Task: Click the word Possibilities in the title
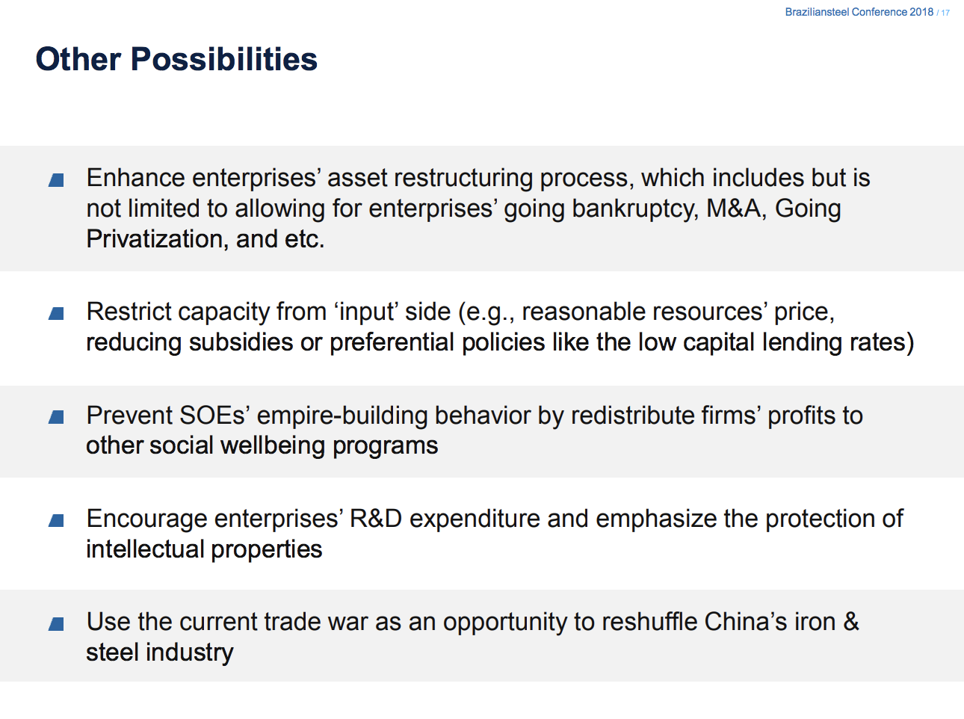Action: coord(223,59)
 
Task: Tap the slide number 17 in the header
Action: coord(945,13)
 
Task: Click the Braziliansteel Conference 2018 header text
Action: coord(859,12)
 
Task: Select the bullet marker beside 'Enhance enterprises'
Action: coord(56,180)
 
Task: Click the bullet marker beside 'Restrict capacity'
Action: coord(56,314)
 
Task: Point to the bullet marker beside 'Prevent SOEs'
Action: coord(56,417)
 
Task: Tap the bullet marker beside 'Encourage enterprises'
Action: coord(56,520)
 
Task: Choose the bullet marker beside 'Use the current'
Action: coord(56,623)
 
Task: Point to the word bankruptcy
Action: coord(634,209)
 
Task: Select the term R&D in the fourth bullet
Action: coord(376,519)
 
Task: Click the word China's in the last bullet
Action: coord(746,622)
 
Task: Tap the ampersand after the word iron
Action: coord(850,622)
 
